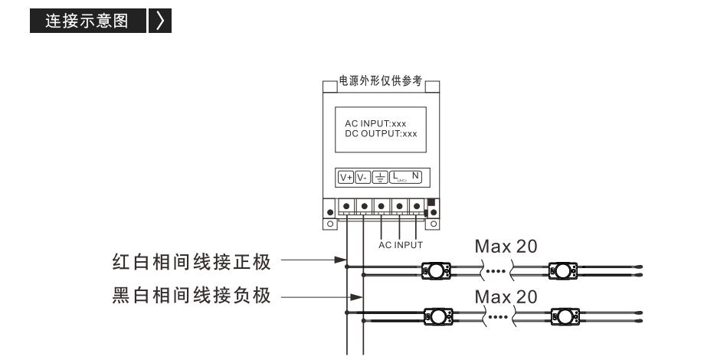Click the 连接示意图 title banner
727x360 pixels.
tap(88, 21)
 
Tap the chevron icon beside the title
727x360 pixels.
tap(160, 21)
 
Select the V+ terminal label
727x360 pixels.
tap(346, 178)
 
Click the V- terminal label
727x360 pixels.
tap(362, 178)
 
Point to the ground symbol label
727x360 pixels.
tap(380, 178)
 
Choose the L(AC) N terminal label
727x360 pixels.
tap(405, 178)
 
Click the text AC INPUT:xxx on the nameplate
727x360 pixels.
tap(375, 124)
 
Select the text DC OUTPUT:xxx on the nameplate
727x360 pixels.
tap(381, 134)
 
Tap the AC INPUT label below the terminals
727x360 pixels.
tap(401, 245)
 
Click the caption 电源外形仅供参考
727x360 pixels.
tap(381, 81)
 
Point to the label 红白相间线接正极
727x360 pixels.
tap(192, 262)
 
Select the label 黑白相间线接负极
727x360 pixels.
tap(192, 295)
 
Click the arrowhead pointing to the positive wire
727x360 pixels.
tap(341, 260)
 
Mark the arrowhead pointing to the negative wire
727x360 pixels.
tap(357, 297)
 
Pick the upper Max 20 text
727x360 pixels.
tap(506, 247)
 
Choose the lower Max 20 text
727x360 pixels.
tap(506, 297)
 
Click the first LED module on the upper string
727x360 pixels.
tap(436, 270)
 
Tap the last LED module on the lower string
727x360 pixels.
tap(565, 317)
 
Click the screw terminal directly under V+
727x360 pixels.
tap(346, 206)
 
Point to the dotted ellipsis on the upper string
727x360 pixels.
tap(498, 271)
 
